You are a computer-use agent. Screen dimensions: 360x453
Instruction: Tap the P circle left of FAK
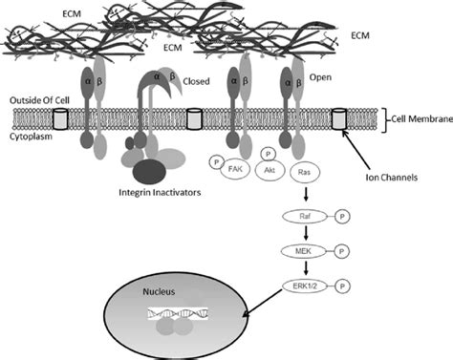218,162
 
